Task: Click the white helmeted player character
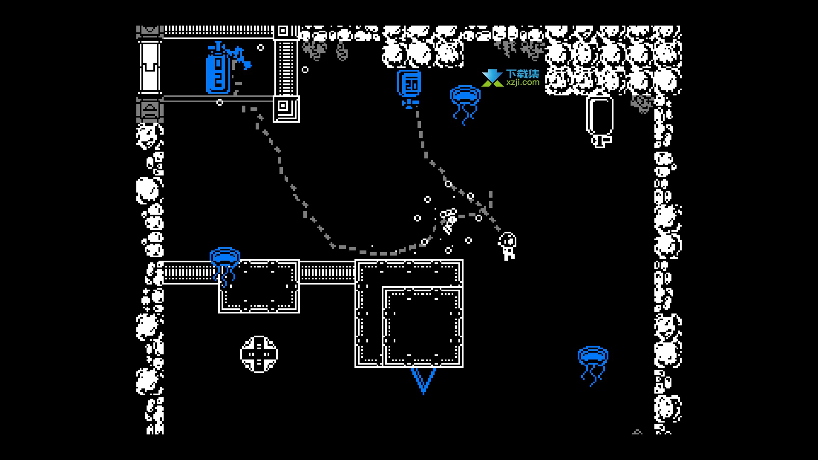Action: pos(507,246)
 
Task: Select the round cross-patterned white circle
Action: pos(259,354)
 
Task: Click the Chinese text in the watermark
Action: pos(523,74)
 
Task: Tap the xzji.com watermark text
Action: pos(523,83)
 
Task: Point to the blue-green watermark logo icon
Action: pos(493,78)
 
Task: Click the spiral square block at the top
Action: pos(282,31)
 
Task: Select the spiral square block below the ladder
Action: pos(286,109)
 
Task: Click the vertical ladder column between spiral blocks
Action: pos(286,67)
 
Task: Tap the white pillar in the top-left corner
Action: pos(150,67)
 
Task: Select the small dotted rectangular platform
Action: pos(259,286)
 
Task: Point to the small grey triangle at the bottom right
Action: pos(637,432)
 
